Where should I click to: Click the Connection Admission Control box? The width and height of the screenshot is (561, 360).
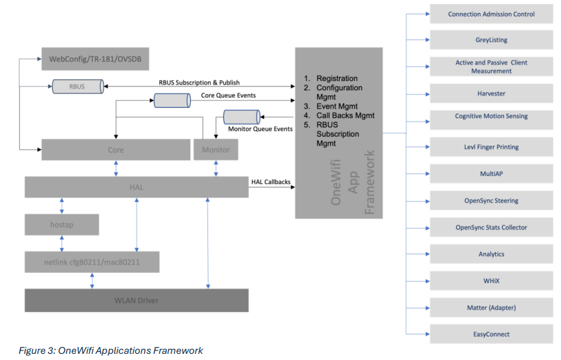pyautogui.click(x=491, y=14)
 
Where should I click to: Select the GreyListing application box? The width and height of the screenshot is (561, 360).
pyautogui.click(x=491, y=40)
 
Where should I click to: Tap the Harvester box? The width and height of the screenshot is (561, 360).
pyautogui.click(x=491, y=93)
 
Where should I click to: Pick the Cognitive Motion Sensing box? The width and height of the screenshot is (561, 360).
pyautogui.click(x=491, y=117)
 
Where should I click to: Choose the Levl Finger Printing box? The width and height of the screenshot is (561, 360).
pyautogui.click(x=491, y=147)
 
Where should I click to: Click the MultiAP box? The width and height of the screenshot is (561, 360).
pyautogui.click(x=491, y=174)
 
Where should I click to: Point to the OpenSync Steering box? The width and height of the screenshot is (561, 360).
pyautogui.click(x=491, y=201)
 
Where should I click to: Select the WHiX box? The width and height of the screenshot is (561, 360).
pyautogui.click(x=491, y=281)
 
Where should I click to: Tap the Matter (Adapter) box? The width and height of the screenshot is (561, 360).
pyautogui.click(x=491, y=307)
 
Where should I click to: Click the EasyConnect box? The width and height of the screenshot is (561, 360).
pyautogui.click(x=491, y=334)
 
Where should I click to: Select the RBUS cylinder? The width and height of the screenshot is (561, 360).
pyautogui.click(x=78, y=87)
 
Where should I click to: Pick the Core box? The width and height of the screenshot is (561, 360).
pyautogui.click(x=115, y=149)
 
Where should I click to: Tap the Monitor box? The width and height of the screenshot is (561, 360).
pyautogui.click(x=216, y=149)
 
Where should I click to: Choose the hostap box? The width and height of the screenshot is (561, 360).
pyautogui.click(x=62, y=224)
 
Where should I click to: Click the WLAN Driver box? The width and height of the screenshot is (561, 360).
pyautogui.click(x=137, y=300)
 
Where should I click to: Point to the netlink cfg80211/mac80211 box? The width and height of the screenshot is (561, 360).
pyautogui.click(x=92, y=262)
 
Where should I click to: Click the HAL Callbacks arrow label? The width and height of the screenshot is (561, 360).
pyautogui.click(x=271, y=181)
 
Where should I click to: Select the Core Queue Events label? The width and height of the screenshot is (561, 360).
pyautogui.click(x=228, y=95)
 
